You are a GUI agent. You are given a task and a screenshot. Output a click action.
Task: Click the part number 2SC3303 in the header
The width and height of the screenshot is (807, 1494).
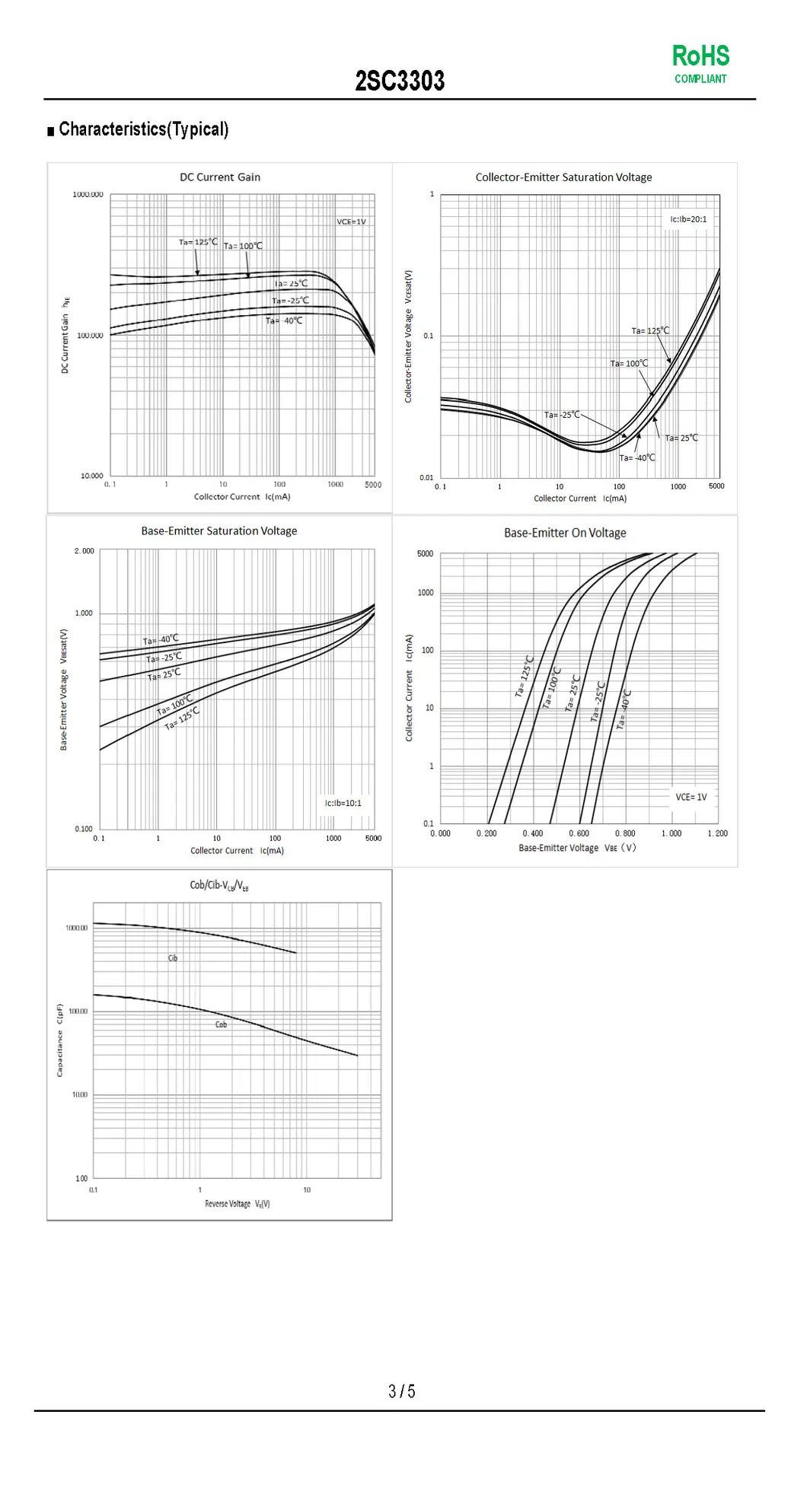[400, 81]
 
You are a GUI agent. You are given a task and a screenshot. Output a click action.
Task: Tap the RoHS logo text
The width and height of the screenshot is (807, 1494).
[700, 56]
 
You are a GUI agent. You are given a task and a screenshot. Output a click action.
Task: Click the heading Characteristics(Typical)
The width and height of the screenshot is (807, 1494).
[143, 129]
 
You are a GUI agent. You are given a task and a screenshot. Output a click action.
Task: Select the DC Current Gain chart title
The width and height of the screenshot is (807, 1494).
[220, 177]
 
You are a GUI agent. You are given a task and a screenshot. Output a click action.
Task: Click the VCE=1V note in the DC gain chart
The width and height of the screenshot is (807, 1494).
[351, 221]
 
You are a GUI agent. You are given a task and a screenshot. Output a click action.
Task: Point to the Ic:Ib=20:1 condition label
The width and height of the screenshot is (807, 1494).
[688, 219]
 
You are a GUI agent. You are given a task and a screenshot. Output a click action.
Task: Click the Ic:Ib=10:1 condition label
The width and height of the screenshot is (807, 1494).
[343, 803]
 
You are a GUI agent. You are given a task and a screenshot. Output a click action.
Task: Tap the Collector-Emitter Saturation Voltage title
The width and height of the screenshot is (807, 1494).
[563, 177]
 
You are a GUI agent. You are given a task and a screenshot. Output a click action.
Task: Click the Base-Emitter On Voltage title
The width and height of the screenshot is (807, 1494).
[565, 533]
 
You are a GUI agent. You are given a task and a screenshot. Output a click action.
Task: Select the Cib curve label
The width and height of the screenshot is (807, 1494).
[173, 958]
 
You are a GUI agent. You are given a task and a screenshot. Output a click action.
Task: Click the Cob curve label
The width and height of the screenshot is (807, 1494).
[221, 1024]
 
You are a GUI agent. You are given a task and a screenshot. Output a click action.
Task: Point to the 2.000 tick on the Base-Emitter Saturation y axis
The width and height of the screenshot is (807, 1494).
[85, 551]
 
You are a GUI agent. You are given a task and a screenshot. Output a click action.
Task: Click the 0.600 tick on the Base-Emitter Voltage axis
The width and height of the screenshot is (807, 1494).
[579, 833]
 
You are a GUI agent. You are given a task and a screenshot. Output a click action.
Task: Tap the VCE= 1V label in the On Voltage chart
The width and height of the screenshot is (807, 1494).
[691, 797]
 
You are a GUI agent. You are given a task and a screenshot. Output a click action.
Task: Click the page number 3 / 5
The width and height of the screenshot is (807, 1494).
[401, 1391]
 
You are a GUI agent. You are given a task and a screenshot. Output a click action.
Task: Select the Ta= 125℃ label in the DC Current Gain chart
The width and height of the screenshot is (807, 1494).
[198, 242]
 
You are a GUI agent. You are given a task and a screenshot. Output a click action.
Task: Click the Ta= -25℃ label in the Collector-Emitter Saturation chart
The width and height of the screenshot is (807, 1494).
[562, 415]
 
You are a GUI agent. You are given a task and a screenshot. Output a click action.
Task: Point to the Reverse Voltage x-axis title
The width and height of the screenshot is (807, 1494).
[237, 1203]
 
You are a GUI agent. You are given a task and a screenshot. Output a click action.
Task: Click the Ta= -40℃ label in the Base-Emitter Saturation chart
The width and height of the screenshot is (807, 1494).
[161, 639]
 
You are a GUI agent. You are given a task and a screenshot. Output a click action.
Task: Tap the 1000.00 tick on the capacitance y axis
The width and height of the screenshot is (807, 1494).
[77, 928]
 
